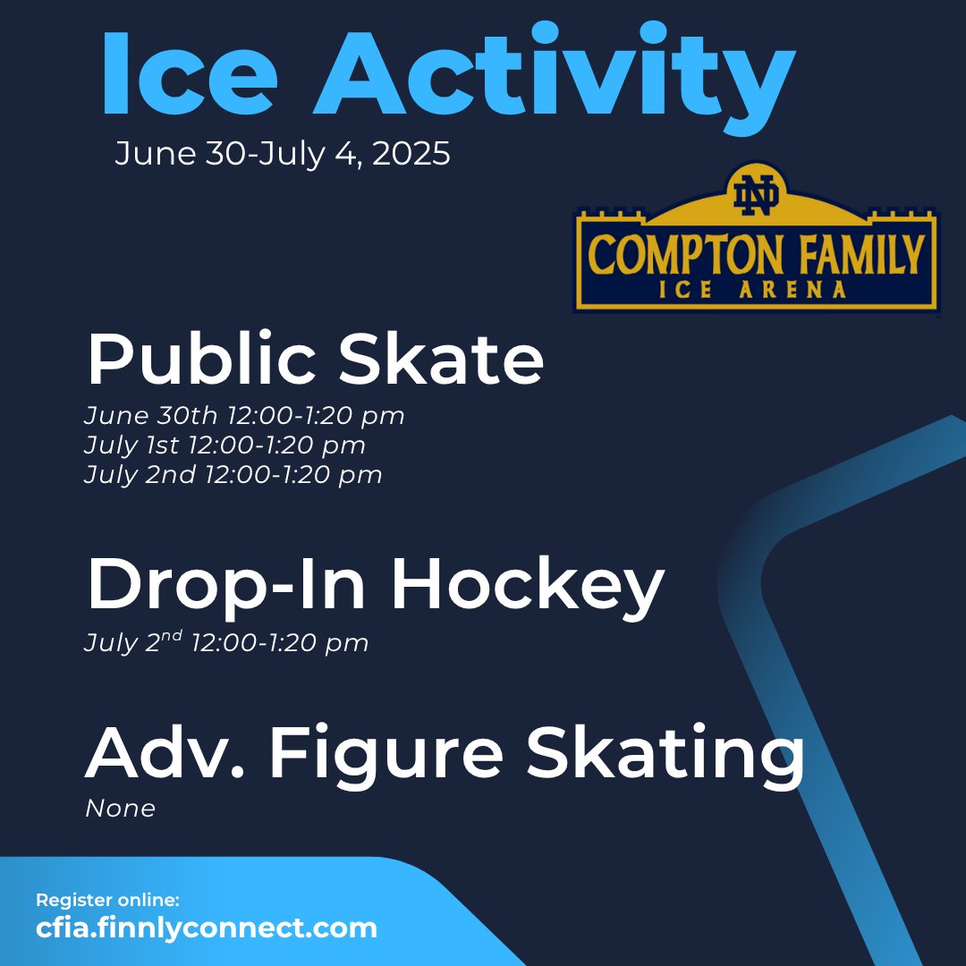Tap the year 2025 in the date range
(411, 154)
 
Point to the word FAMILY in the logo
(858, 255)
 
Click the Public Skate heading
(315, 360)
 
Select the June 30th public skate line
(244, 416)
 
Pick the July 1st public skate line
(225, 445)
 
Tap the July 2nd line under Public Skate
(233, 474)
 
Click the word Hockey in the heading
(527, 586)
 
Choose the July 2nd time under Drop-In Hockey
(226, 641)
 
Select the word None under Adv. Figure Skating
(120, 809)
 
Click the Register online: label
(107, 901)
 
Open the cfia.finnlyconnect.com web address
(207, 928)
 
